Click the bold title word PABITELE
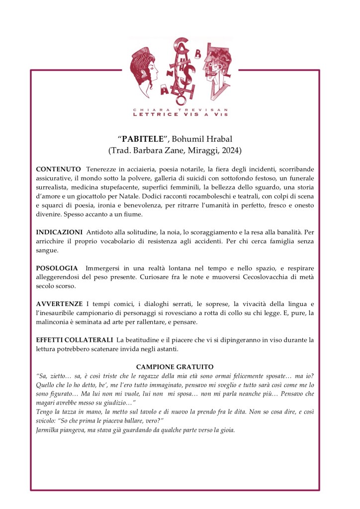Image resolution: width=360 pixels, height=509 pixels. tap(146, 138)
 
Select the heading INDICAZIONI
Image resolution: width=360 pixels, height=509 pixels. tap(59, 232)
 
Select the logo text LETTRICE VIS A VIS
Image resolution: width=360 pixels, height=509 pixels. tap(180, 114)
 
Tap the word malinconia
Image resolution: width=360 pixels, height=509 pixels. tap(56, 322)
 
